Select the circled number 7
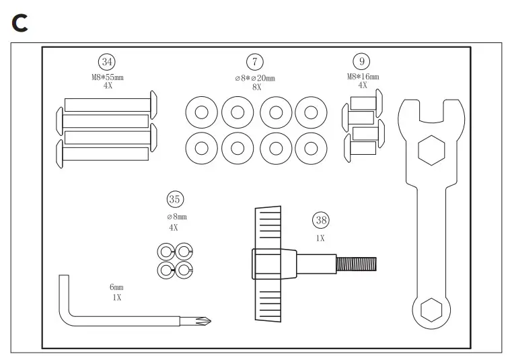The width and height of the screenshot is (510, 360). click(x=254, y=63)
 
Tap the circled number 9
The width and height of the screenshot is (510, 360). click(x=362, y=63)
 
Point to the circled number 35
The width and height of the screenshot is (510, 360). click(x=174, y=199)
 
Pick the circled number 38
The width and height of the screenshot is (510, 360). click(x=320, y=219)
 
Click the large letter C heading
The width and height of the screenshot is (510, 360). click(x=20, y=23)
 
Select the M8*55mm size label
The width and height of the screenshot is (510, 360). click(x=108, y=77)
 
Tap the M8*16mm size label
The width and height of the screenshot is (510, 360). click(x=363, y=77)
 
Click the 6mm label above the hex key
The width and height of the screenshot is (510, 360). click(x=117, y=288)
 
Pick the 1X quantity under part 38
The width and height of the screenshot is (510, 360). click(x=320, y=238)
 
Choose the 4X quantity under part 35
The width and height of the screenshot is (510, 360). click(x=174, y=227)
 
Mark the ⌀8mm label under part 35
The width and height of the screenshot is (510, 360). click(x=176, y=217)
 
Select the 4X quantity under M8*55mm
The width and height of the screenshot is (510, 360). click(x=108, y=86)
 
